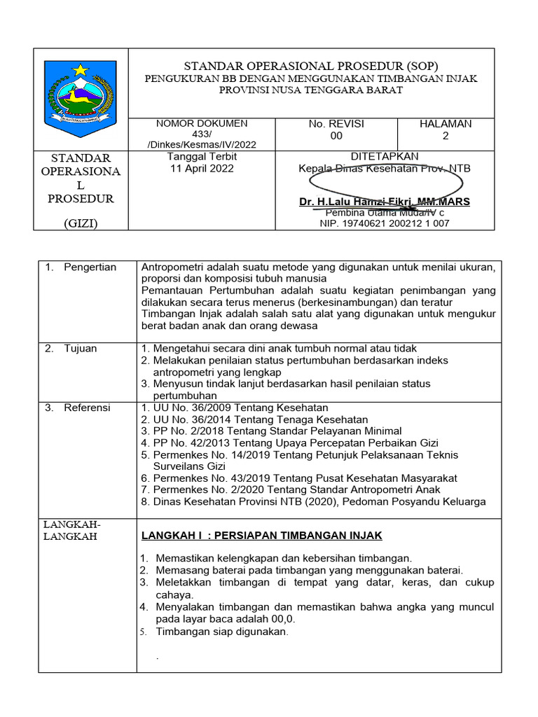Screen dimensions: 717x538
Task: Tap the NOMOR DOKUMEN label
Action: pos(201,124)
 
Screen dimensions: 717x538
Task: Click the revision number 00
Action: pos(336,137)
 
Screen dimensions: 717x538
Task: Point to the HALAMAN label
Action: pos(446,124)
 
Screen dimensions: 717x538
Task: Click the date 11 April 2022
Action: pos(202,169)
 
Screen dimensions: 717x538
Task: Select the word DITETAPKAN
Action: pos(385,156)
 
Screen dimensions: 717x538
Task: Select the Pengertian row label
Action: pos(90,267)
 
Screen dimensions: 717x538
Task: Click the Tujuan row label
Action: pos(80,349)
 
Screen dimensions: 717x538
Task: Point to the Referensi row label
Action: pos(87,408)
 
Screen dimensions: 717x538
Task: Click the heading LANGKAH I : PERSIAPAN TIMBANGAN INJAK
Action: pos(262,536)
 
